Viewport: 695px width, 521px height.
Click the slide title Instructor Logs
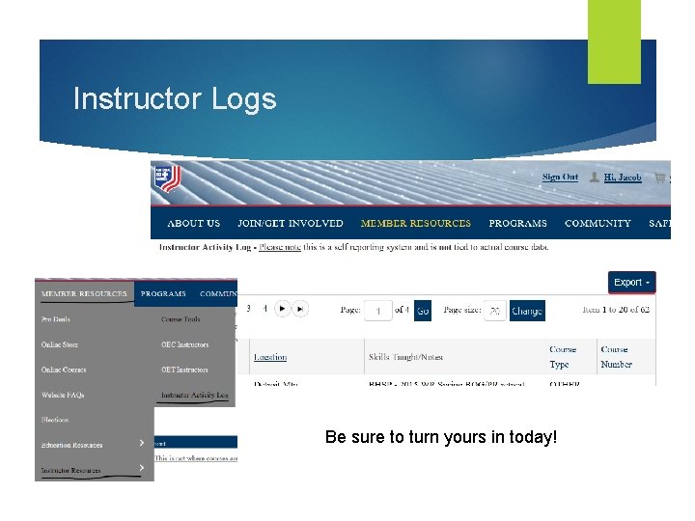[x=175, y=99]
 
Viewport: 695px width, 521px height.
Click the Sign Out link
[x=560, y=178]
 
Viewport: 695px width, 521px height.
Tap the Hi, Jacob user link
[x=622, y=178]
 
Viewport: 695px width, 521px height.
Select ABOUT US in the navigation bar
[x=193, y=224]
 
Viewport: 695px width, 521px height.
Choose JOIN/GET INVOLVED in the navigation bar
[x=290, y=224]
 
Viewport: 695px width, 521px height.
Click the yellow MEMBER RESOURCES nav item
[x=415, y=224]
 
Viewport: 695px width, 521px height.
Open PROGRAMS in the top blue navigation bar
[x=517, y=224]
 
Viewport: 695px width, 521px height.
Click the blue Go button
[x=423, y=311]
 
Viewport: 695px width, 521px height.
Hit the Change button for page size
[x=526, y=311]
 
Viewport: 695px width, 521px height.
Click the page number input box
[x=377, y=311]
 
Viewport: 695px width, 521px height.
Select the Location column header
[x=270, y=357]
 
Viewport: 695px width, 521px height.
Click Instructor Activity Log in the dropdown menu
[x=194, y=395]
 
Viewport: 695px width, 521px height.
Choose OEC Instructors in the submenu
[x=184, y=344]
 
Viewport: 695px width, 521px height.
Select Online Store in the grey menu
[x=60, y=344]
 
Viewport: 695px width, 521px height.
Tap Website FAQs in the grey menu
[x=64, y=395]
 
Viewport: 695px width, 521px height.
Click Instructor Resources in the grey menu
[x=70, y=470]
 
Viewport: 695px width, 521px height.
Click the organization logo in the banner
[x=166, y=179]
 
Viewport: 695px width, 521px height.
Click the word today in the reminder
[x=534, y=438]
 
